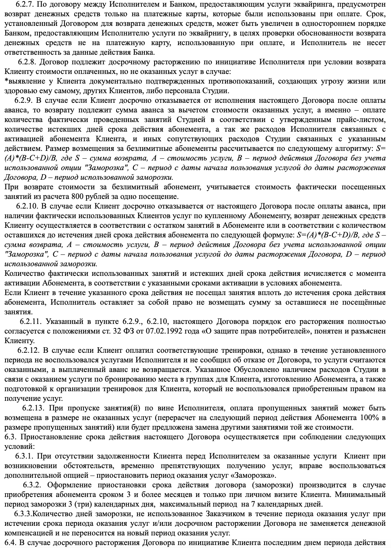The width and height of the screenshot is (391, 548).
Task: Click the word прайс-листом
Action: click(360, 119)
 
